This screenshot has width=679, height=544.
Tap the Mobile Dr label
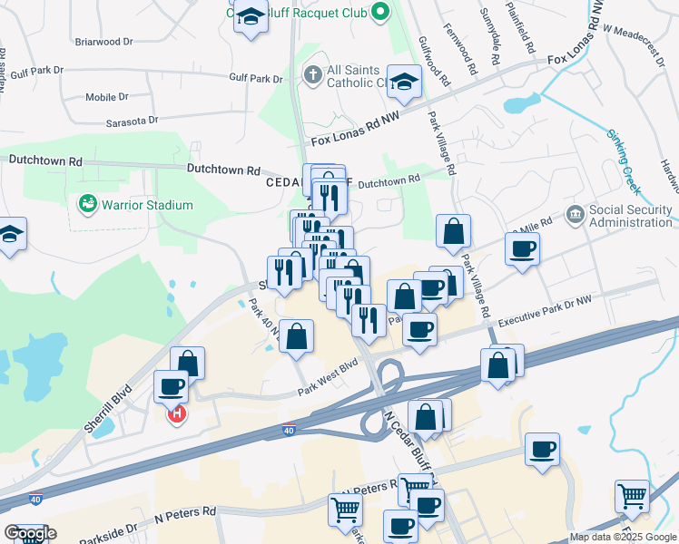(x=107, y=97)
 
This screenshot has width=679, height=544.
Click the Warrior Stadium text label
(x=147, y=205)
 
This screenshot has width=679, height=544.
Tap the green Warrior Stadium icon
(x=88, y=204)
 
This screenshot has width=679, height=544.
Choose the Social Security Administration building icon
(x=575, y=215)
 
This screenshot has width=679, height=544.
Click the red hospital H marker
(x=178, y=414)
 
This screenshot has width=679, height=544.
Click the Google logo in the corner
(x=30, y=533)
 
